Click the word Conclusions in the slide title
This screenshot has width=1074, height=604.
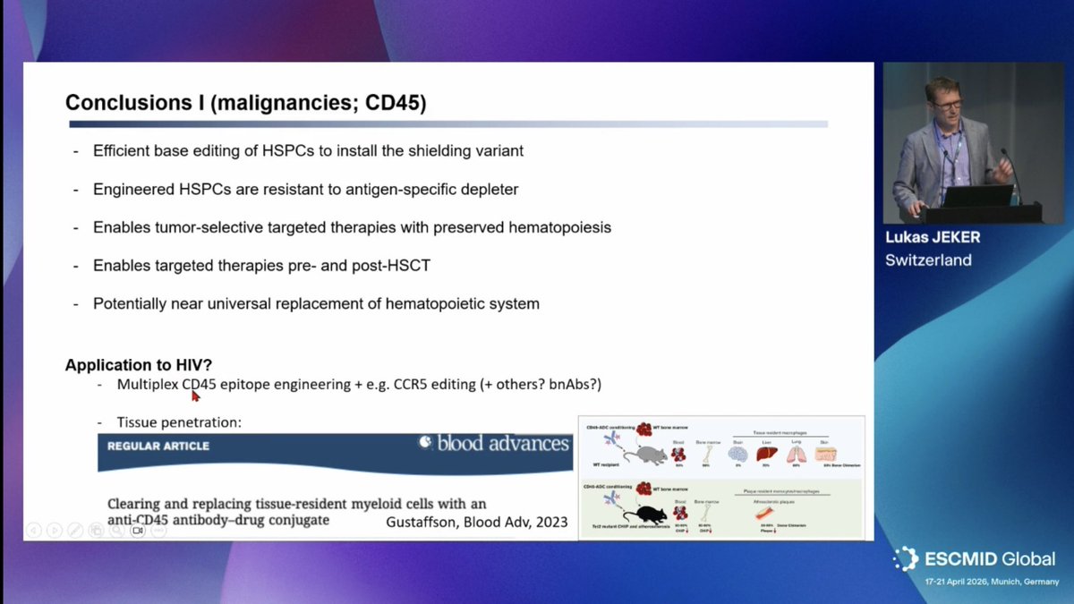132,103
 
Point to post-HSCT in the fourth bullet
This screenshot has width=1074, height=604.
406,266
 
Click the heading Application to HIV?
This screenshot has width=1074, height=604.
138,365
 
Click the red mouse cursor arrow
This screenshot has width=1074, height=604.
195,395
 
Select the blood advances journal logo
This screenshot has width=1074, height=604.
495,443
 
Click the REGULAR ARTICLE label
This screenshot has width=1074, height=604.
159,446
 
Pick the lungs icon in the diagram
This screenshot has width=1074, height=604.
796,454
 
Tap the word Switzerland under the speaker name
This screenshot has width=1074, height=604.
928,260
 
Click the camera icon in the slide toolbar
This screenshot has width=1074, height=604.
138,530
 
